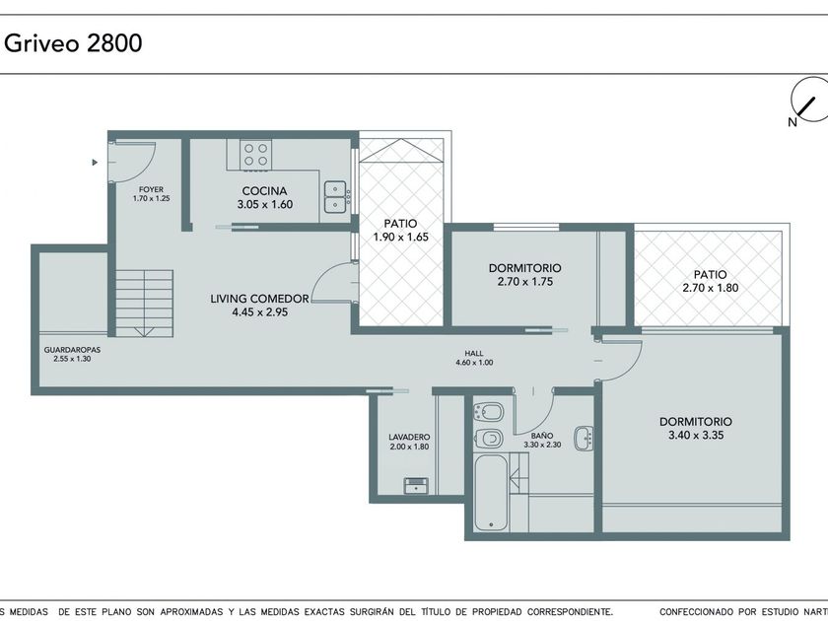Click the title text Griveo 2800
click(x=73, y=42)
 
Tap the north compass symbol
click(x=808, y=103)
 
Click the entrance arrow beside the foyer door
click(x=95, y=162)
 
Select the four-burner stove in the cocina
click(x=256, y=155)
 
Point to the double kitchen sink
click(x=335, y=197)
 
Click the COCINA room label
click(x=264, y=191)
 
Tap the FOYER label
click(x=152, y=189)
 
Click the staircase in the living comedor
click(x=145, y=304)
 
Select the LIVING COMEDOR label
click(x=260, y=299)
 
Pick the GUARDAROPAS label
click(x=72, y=350)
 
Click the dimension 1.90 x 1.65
click(x=401, y=238)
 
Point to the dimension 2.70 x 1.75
click(x=524, y=282)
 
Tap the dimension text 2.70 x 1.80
click(x=711, y=288)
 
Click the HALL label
click(x=474, y=353)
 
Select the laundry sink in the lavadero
click(x=417, y=485)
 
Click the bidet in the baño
click(x=488, y=412)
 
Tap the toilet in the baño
click(x=488, y=438)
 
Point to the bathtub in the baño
click(x=491, y=492)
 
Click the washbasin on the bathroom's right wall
click(x=584, y=438)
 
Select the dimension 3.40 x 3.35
click(x=696, y=436)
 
